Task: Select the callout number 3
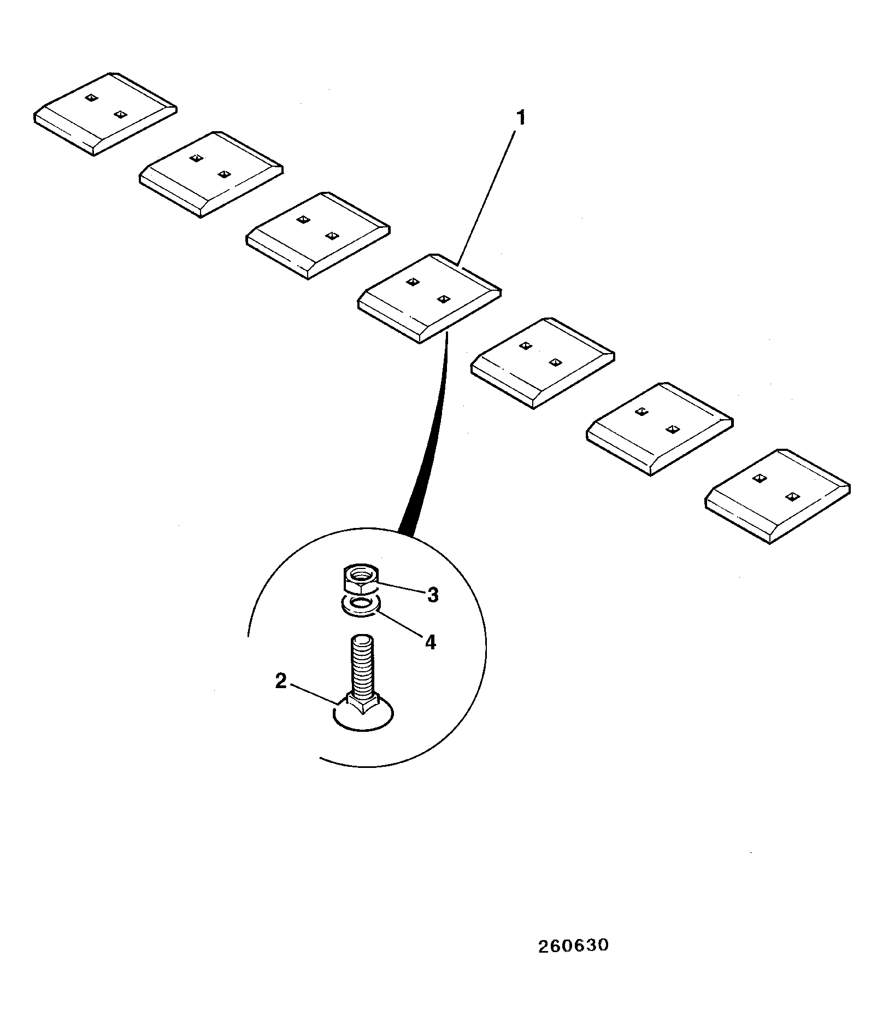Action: pos(433,595)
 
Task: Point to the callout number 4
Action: pos(431,642)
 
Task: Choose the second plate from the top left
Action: pos(211,174)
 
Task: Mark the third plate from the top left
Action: pos(317,236)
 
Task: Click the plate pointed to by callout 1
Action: pos(429,298)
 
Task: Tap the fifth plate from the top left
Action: pos(543,362)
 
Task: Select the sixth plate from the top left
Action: pos(660,429)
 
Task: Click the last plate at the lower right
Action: pos(778,496)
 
